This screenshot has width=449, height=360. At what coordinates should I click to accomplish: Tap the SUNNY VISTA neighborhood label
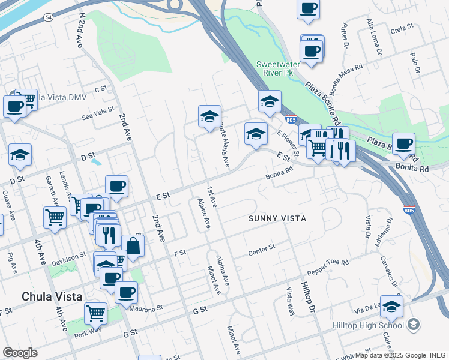277,218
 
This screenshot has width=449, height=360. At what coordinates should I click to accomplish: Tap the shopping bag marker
133,246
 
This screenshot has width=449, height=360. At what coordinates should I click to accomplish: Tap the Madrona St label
147,307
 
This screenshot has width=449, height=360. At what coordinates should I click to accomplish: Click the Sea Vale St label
97,110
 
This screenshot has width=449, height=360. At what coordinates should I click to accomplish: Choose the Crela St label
402,28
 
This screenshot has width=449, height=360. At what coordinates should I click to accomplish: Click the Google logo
20,353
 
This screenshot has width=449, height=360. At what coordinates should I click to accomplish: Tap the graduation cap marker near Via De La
391,307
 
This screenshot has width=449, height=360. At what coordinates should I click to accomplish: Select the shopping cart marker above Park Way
96,313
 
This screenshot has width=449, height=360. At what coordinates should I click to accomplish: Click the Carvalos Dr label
386,272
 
